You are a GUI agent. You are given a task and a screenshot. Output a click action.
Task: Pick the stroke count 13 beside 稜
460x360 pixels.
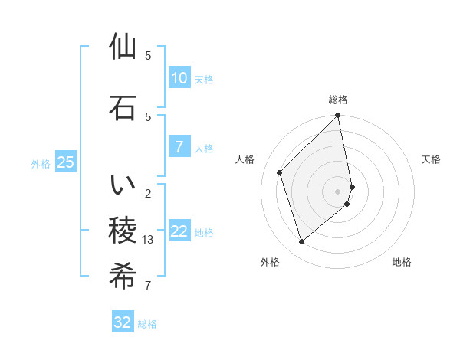tap(149, 240)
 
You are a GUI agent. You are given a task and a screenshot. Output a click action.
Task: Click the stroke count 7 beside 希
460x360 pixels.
tap(147, 286)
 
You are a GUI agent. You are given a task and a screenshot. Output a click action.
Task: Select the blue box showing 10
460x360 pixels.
tap(179, 77)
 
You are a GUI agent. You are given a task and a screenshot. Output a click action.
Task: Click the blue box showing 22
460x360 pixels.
tap(179, 231)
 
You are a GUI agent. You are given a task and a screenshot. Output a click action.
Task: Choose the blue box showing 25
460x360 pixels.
tap(65, 162)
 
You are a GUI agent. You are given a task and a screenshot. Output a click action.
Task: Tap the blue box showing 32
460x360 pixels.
tap(123, 322)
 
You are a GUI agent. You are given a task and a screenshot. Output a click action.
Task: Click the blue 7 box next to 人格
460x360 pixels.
tap(179, 147)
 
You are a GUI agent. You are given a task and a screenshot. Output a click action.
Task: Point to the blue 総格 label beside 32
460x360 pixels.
tap(147, 324)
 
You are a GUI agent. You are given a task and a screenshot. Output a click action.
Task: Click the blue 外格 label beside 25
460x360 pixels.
tap(41, 163)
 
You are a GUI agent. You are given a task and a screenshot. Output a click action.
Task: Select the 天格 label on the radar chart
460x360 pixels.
tap(431, 159)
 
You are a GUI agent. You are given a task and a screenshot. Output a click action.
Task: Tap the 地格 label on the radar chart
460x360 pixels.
tap(402, 262)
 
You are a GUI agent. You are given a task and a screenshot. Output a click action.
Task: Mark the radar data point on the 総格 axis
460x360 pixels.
tap(338, 116)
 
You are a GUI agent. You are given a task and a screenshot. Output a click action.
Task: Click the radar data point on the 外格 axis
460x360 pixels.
tap(301, 242)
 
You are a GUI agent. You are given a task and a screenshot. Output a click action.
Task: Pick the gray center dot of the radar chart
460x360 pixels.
tap(338, 191)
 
